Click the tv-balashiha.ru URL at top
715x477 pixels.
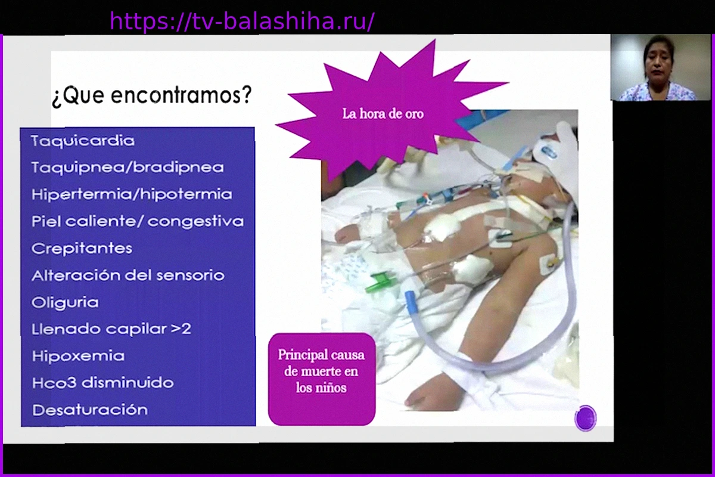tap(242, 21)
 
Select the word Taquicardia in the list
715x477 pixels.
tap(83, 141)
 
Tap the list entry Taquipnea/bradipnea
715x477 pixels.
tap(128, 168)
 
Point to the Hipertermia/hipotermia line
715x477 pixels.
tap(132, 194)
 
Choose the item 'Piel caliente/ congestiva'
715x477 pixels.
tap(138, 221)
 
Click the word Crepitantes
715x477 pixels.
tap(82, 249)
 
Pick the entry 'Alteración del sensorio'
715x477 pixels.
tap(128, 275)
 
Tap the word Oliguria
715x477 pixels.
tap(65, 302)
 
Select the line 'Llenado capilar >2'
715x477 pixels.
tap(111, 329)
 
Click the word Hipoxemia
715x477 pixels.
tap(78, 356)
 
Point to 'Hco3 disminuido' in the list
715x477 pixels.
tap(102, 383)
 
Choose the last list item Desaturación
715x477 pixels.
tap(90, 410)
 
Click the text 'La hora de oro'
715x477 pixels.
tap(383, 114)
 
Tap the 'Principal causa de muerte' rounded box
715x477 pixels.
tap(322, 379)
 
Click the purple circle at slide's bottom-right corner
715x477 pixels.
tap(585, 418)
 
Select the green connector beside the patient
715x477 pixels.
tap(381, 281)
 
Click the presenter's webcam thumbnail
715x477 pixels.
tap(660, 67)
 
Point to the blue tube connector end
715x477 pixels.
tap(411, 304)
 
